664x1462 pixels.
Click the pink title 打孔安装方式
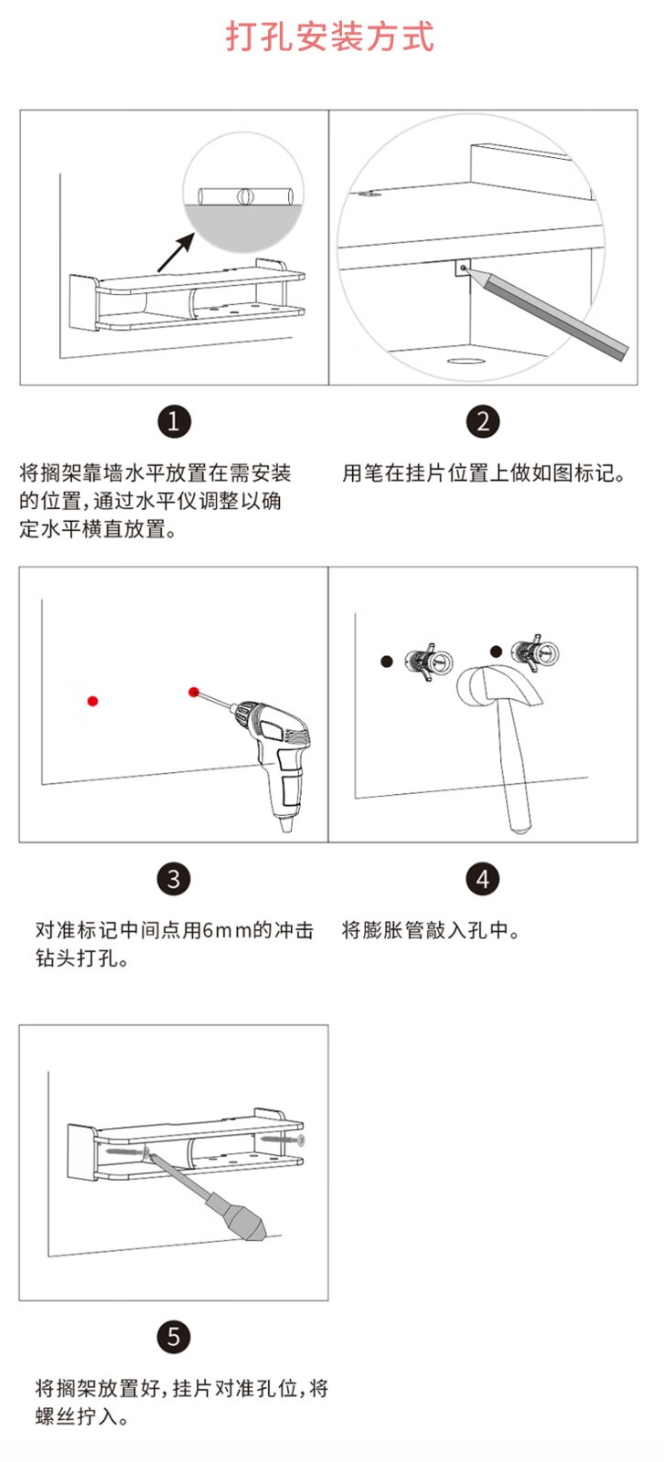[330, 36]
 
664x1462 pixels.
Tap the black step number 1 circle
[174, 421]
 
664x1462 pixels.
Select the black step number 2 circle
[483, 421]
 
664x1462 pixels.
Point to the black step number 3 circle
[174, 879]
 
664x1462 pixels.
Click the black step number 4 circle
[483, 879]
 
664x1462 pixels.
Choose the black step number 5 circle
[174, 1337]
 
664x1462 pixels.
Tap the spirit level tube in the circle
[243, 196]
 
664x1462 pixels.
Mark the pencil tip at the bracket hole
[465, 268]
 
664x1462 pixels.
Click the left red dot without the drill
[92, 701]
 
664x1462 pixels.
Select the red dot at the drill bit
[194, 692]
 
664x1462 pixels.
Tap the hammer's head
[497, 685]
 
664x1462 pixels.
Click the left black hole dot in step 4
[387, 662]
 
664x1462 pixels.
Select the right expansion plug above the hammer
[535, 652]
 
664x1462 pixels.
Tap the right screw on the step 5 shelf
[281, 1139]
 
